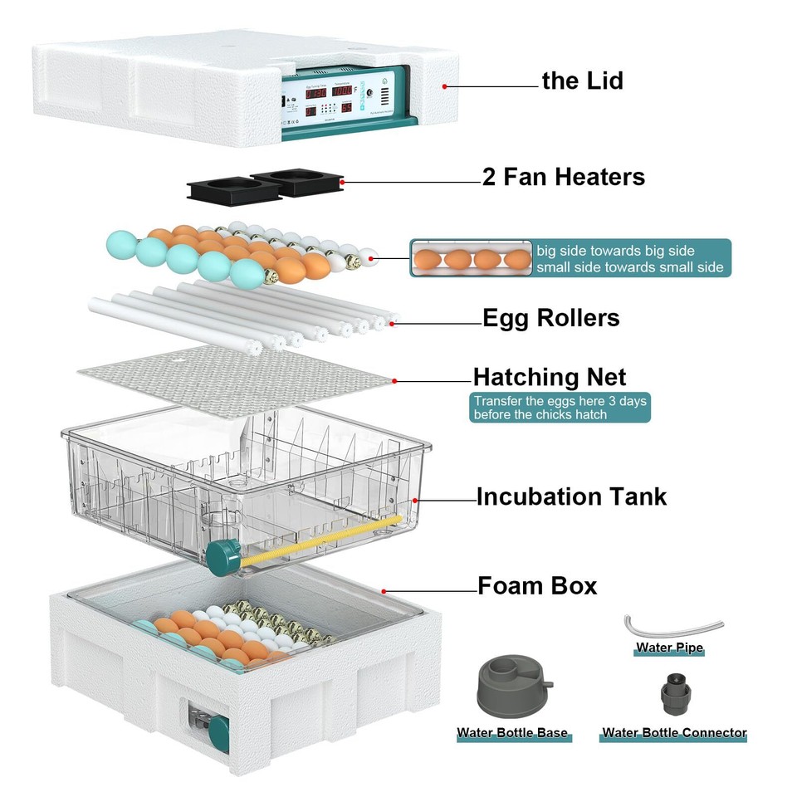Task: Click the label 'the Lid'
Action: (x=582, y=81)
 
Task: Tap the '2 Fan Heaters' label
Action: (x=564, y=177)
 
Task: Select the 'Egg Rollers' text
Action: (x=551, y=318)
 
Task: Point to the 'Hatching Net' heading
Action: (x=550, y=377)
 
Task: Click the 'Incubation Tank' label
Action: (x=571, y=496)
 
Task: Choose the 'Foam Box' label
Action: (x=537, y=585)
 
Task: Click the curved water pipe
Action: (x=673, y=624)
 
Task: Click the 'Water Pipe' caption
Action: (x=669, y=648)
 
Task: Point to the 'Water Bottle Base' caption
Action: (x=512, y=733)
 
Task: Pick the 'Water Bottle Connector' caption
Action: (x=674, y=733)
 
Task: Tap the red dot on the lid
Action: (x=445, y=86)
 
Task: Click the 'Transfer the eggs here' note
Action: (x=559, y=408)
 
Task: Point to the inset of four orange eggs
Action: (x=471, y=258)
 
